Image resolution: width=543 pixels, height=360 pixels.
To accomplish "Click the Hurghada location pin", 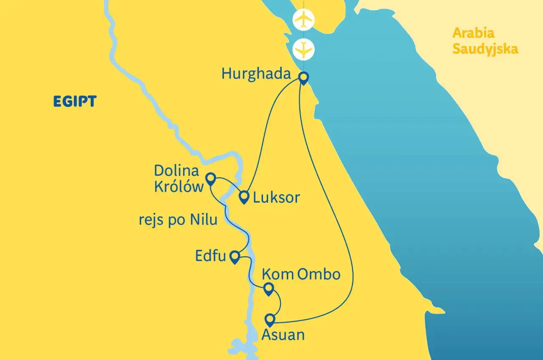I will coord(303,78).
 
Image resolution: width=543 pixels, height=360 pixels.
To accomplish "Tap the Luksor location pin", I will coord(244,197).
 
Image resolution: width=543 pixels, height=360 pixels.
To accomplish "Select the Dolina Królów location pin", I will coord(210,178).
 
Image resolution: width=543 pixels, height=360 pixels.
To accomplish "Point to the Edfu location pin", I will coord(234,257).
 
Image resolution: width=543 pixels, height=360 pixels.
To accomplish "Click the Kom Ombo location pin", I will coord(268,289).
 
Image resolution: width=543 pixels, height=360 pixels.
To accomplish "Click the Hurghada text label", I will coord(256,75).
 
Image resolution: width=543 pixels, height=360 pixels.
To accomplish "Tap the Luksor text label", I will coord(276,198).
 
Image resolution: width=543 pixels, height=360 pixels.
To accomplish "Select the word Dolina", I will coord(176,171).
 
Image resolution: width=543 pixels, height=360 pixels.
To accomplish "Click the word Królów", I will coord(179,187).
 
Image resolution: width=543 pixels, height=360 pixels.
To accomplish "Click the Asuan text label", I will coord(283,335).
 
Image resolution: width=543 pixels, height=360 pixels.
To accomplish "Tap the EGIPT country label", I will coord(75,101).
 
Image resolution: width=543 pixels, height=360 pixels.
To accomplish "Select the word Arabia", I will coord(473,33).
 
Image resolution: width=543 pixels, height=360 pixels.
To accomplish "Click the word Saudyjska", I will coord(485,49).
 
